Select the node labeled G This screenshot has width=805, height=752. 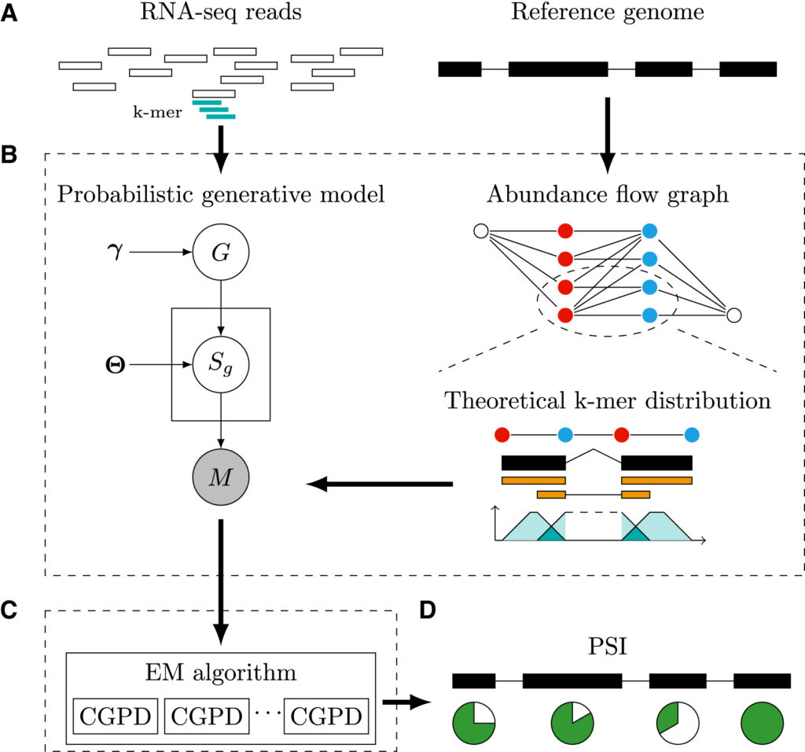click(x=221, y=253)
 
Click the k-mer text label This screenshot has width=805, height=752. click(x=157, y=112)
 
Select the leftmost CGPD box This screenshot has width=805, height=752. click(x=115, y=716)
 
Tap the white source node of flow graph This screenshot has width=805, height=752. click(x=481, y=231)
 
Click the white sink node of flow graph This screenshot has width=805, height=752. click(x=733, y=315)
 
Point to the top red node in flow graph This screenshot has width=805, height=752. click(x=564, y=231)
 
